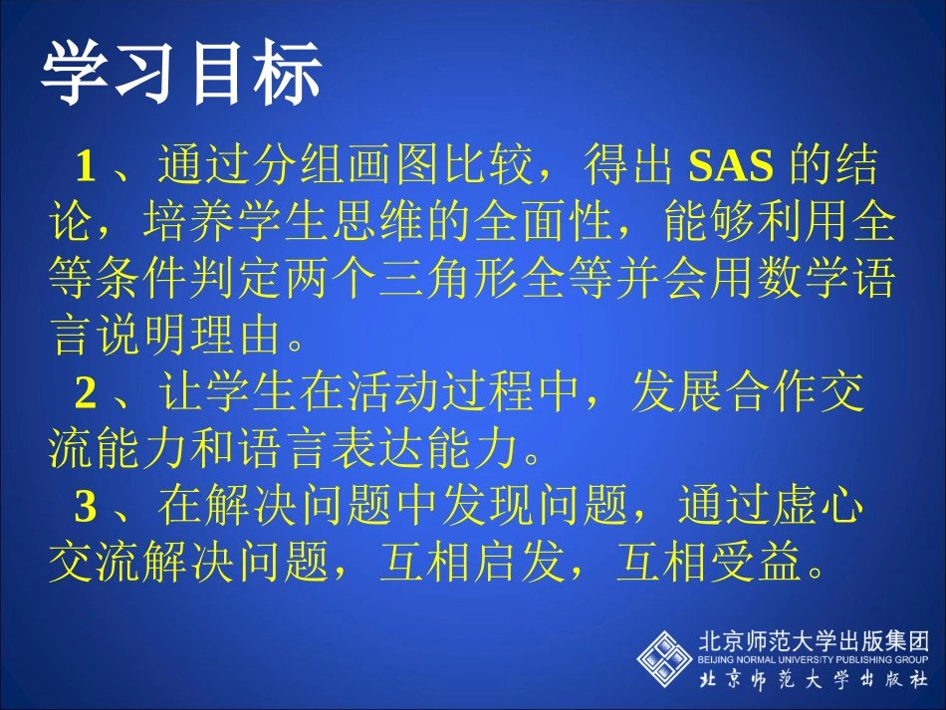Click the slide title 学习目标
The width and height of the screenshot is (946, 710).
point(181,74)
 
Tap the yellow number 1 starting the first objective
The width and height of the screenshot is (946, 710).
point(86,166)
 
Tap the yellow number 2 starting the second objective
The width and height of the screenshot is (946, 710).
point(86,394)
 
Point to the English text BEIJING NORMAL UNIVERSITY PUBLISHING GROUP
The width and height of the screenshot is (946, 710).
point(813,659)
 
